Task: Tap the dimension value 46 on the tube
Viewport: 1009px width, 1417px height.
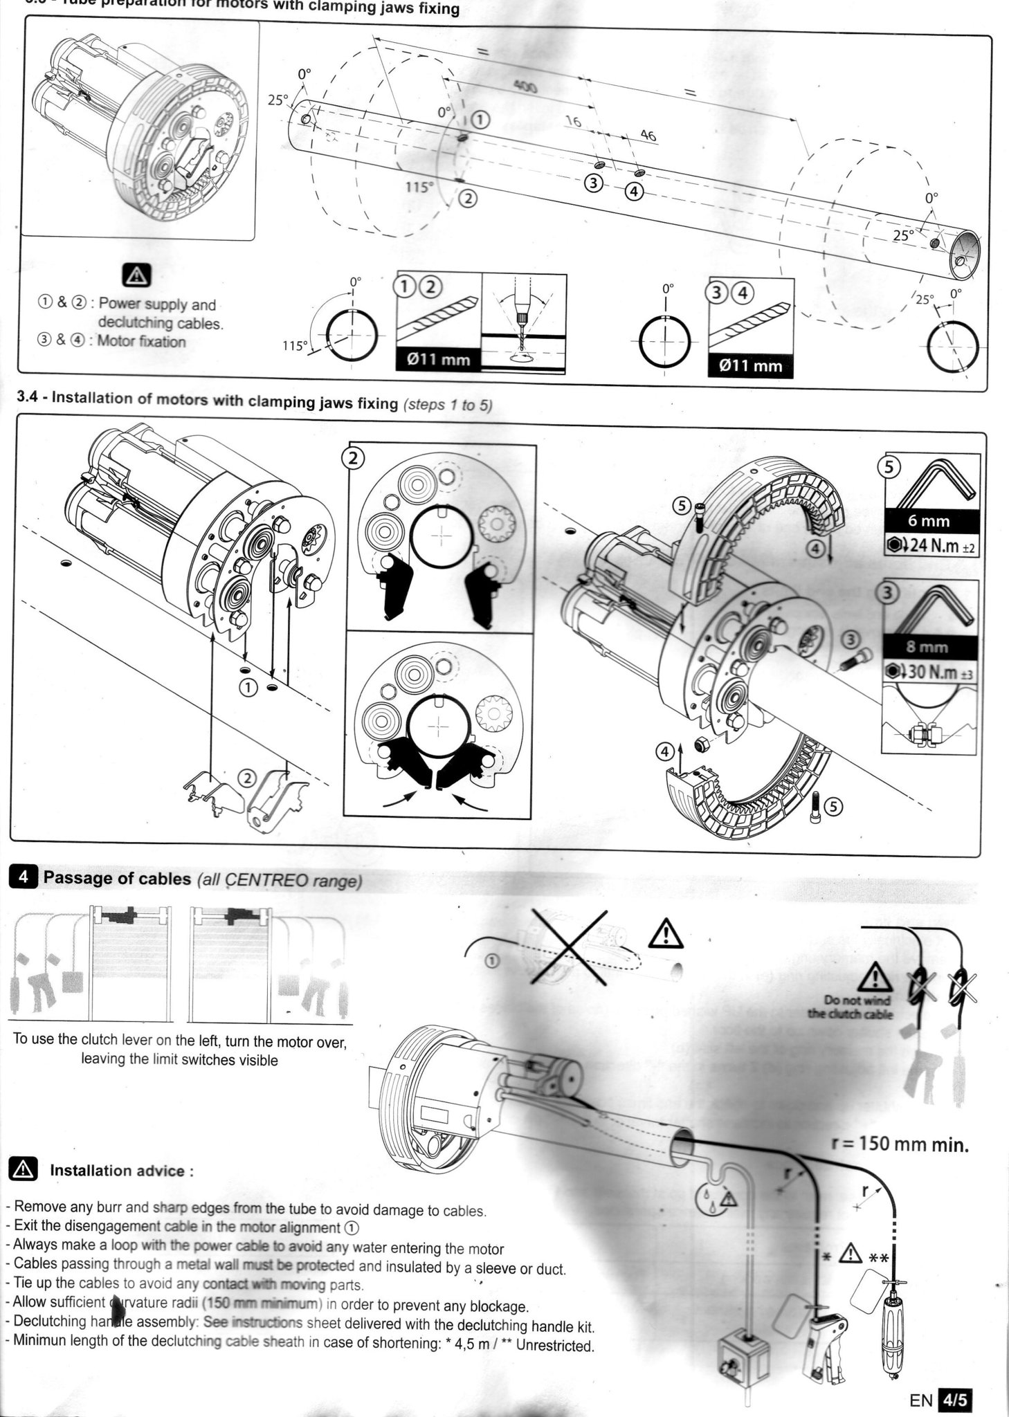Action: tap(648, 136)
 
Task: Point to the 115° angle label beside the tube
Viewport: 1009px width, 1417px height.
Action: tap(418, 187)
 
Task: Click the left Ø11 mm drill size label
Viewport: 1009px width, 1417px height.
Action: tap(439, 360)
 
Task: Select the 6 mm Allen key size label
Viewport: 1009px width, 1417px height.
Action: tap(929, 520)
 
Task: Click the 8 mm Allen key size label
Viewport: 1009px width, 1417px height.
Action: tap(929, 648)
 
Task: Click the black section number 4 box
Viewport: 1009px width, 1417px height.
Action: tap(24, 877)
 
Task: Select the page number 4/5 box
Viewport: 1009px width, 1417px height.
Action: tap(955, 1400)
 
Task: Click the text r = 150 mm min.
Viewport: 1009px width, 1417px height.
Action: tap(899, 1144)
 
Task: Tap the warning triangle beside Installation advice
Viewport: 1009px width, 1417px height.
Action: tap(24, 1170)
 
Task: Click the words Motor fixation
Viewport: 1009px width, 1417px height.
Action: tap(141, 341)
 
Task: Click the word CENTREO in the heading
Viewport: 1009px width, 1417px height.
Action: tap(258, 880)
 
